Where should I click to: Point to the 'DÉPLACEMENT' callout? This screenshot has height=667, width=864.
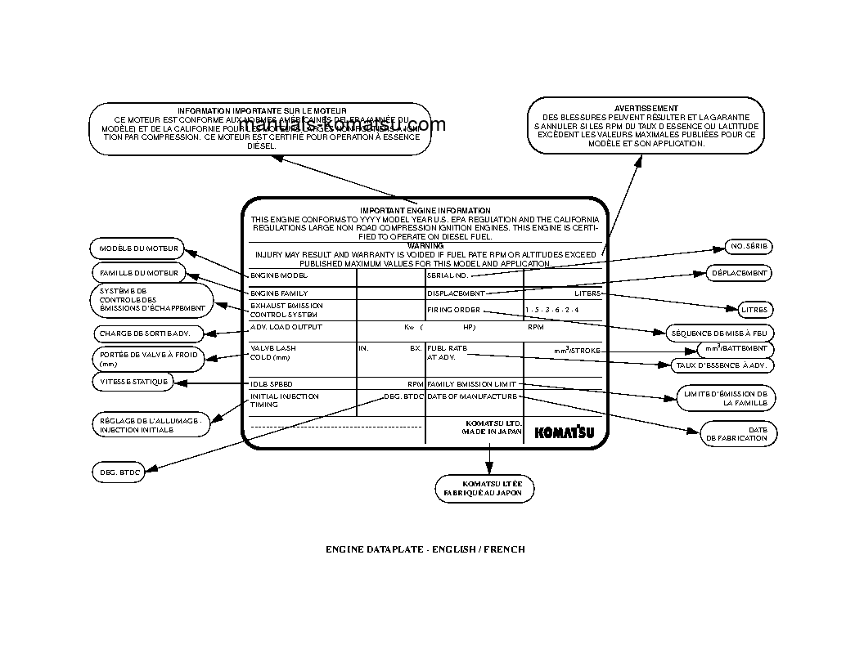point(739,273)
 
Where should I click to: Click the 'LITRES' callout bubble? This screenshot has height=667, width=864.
point(754,311)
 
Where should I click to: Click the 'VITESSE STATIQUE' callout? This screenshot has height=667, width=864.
point(134,382)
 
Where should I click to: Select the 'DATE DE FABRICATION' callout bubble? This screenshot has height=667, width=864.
point(738,433)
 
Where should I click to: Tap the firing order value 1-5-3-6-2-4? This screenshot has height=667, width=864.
point(552,311)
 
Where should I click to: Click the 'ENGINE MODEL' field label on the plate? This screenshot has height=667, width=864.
point(278,275)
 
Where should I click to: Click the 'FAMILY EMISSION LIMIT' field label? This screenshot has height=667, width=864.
point(471,383)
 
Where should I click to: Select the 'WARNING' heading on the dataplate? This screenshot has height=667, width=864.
point(425,245)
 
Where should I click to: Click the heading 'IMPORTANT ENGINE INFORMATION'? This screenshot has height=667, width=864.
point(425,211)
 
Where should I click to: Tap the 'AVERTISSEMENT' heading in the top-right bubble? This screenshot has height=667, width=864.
point(646,108)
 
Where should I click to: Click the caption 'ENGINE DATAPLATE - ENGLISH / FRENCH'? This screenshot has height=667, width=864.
point(425,549)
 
